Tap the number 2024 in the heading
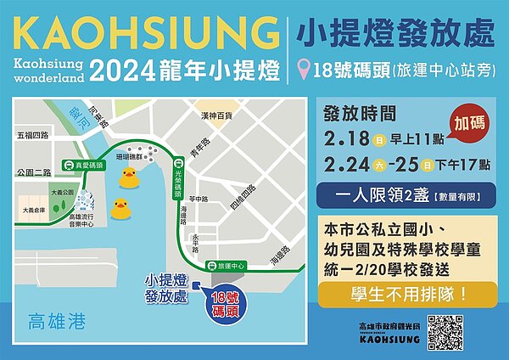point(117,71)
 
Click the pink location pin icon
point(303,70)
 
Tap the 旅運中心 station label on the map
point(230,266)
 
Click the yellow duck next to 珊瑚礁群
point(128,177)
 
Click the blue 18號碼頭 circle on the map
point(219,302)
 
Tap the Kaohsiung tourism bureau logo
point(389,333)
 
